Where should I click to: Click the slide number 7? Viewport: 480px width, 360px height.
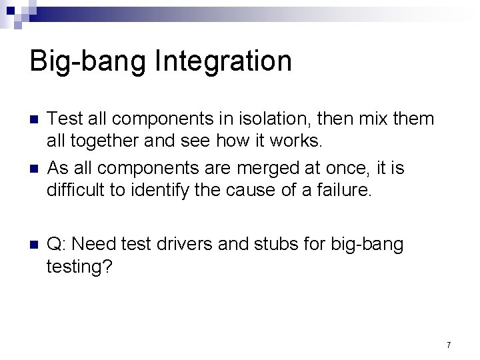coord(449,345)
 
